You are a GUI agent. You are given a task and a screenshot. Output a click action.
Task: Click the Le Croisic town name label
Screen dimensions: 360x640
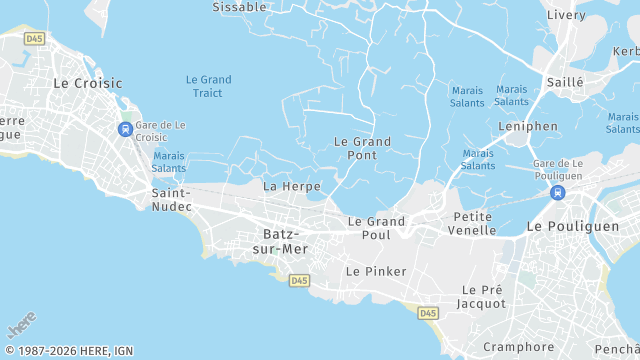point(88,83)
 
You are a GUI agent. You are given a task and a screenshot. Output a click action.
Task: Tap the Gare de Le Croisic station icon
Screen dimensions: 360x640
point(125,129)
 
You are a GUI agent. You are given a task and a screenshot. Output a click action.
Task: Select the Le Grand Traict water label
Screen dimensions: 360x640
point(208,87)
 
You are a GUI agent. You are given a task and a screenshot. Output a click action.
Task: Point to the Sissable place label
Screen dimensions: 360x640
point(240,7)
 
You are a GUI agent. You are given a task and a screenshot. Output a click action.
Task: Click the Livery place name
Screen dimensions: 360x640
point(567,15)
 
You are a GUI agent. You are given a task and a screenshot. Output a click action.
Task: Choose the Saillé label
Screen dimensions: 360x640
point(565,82)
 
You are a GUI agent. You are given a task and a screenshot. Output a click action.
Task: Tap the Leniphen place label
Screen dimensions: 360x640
point(528,127)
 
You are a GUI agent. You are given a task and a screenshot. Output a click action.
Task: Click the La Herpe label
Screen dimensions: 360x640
point(292,186)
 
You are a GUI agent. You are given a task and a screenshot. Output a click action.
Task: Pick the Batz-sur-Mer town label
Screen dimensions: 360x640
point(285,241)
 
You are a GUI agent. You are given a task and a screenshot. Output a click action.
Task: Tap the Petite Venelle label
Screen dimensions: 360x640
point(474,223)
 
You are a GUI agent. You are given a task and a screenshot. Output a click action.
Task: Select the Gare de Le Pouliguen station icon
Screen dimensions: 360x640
point(558,192)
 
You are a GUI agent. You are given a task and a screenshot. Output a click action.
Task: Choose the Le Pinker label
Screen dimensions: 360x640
point(376,271)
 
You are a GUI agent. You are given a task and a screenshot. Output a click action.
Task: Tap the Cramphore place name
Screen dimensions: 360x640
point(518,347)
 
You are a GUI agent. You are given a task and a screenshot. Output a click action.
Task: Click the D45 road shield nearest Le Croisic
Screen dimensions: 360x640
point(35,38)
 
